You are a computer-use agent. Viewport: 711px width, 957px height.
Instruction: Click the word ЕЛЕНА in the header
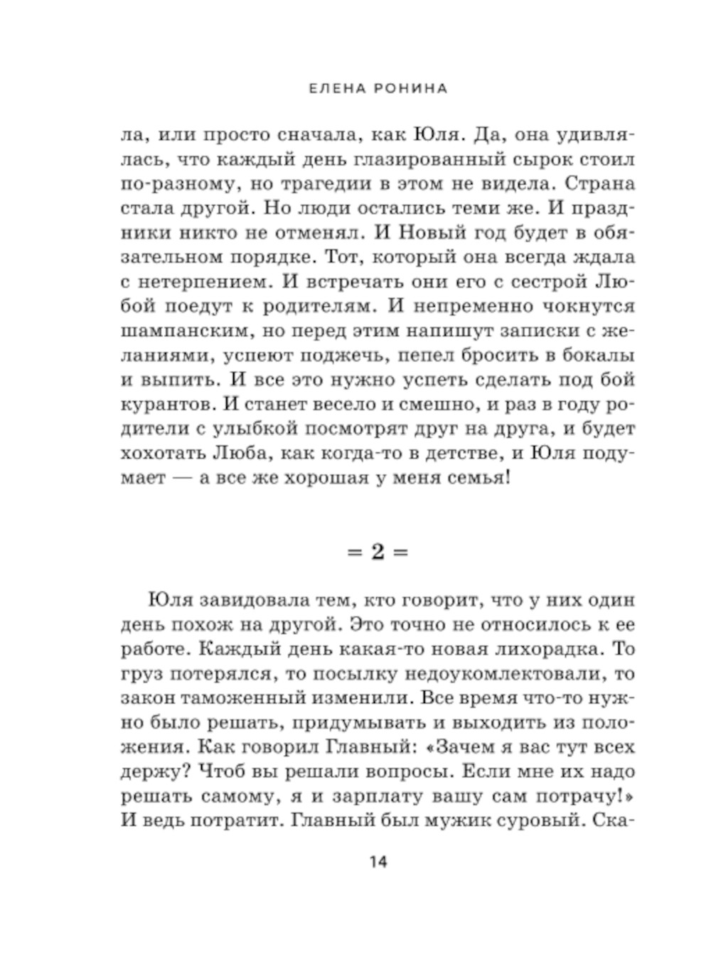[x=328, y=88]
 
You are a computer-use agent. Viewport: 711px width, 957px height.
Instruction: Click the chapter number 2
[x=378, y=552]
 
